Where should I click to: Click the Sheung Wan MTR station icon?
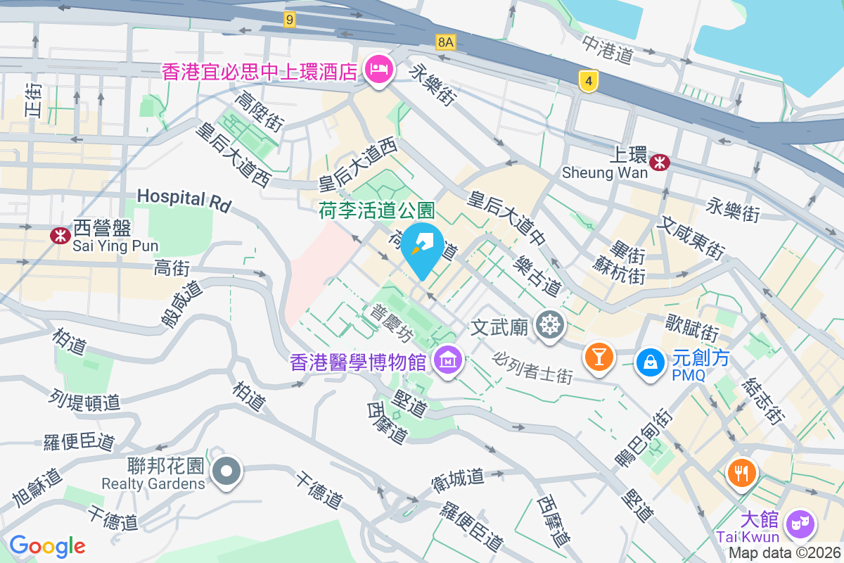click(x=660, y=163)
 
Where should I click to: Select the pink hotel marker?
click(x=380, y=70)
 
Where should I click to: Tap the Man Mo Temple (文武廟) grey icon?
click(x=549, y=324)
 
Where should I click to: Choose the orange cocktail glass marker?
click(x=599, y=358)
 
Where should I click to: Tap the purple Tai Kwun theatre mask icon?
click(x=800, y=524)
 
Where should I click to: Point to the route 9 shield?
click(x=289, y=20)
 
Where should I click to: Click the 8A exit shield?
click(x=446, y=42)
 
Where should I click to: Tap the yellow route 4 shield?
click(x=589, y=82)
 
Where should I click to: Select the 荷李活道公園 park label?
click(x=377, y=210)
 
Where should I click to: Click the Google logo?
click(x=47, y=546)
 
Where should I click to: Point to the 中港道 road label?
click(x=608, y=47)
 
